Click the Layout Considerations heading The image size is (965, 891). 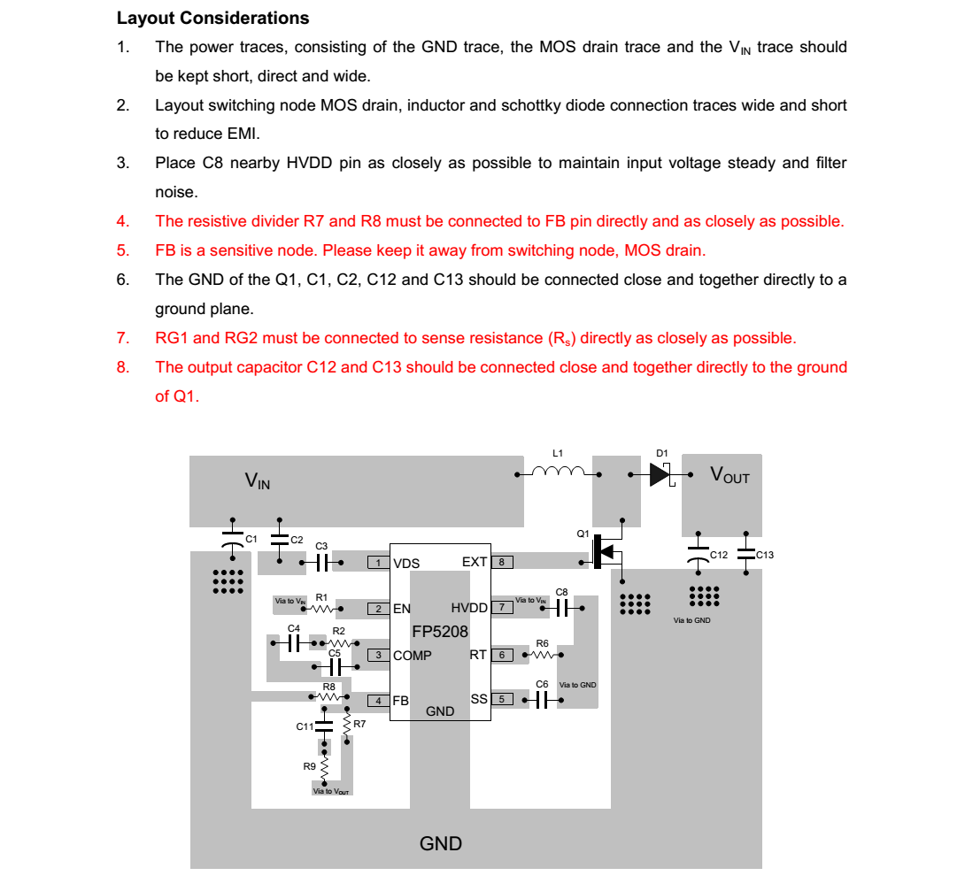pos(212,18)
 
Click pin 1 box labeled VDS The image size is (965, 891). pos(379,563)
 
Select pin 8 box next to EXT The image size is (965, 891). pos(502,562)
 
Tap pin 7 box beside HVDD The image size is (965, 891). pos(502,608)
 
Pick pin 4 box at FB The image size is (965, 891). pos(379,701)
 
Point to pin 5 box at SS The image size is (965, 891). pos(502,699)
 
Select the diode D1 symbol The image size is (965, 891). pos(660,474)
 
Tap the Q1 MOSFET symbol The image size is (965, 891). pos(606,551)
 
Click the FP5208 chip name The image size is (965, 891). pos(439,632)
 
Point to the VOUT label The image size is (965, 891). pos(730,475)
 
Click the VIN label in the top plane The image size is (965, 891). pos(258,481)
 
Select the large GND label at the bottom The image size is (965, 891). pos(441,843)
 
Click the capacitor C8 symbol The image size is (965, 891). pos(561,608)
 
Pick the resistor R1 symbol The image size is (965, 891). pos(321,609)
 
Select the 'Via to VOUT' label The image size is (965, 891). pos(332,791)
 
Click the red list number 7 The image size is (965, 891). pos(123,338)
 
